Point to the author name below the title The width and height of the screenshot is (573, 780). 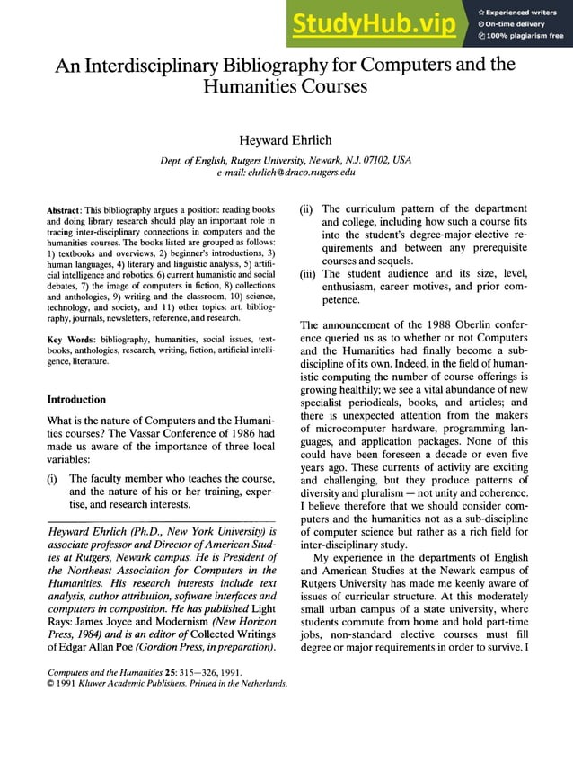286,139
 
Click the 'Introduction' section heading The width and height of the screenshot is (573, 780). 76,399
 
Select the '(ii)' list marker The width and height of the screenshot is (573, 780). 306,209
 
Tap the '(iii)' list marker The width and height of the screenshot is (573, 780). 308,273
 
